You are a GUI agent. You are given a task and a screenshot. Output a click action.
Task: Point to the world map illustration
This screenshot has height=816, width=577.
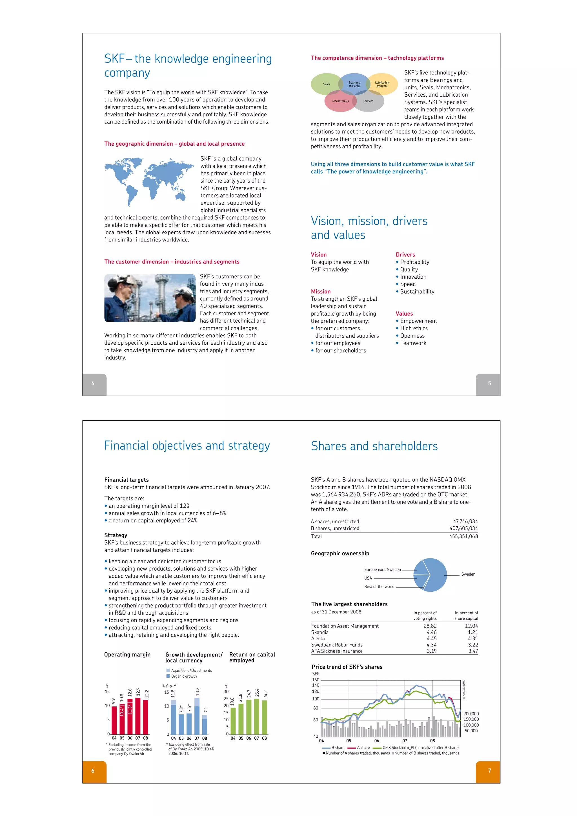[149, 181]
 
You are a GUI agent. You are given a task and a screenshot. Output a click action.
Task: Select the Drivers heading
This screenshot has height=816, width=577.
[405, 255]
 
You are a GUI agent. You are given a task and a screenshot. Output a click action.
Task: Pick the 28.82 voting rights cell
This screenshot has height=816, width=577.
[430, 626]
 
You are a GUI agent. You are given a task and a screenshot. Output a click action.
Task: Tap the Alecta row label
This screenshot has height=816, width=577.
[318, 639]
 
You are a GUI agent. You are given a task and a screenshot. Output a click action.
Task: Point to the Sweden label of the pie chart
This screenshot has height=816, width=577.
[468, 574]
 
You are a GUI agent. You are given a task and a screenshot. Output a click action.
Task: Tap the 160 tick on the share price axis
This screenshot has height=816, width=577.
[316, 680]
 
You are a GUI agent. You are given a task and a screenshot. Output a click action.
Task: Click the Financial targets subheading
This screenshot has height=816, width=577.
[127, 480]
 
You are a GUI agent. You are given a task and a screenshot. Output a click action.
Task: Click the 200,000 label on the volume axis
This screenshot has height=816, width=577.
[471, 714]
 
